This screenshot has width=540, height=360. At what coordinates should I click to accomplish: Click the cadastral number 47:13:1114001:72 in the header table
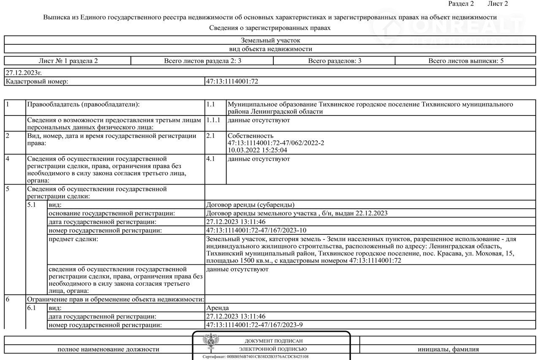coord(232,81)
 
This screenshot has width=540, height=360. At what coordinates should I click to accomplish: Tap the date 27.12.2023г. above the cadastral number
coord(24,73)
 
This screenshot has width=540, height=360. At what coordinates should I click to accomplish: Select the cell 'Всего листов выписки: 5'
coord(466,61)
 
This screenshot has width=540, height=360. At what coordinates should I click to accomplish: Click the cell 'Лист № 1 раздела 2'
coord(68,61)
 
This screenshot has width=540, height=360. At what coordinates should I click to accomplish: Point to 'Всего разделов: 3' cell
coord(335,61)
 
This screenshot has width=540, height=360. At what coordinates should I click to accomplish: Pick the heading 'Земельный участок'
coord(270,40)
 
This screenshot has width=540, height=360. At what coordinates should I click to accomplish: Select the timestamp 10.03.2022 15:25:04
coord(257,150)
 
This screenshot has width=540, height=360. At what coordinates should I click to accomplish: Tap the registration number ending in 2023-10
coord(256,231)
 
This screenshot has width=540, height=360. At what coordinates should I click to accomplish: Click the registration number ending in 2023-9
coord(254,325)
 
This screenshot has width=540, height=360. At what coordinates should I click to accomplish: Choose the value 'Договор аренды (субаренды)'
coord(250,205)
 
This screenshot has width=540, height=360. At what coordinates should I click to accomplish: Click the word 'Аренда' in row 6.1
coord(218,308)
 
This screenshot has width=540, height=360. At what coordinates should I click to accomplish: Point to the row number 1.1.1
coord(213,120)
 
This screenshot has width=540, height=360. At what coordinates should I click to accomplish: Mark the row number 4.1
coord(211,159)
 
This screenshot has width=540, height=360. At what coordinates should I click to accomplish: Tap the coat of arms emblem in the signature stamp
coord(210,342)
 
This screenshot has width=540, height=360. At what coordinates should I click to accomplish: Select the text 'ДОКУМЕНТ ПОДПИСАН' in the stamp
coord(273,341)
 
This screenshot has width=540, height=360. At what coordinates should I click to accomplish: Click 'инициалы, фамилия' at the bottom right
coord(448,349)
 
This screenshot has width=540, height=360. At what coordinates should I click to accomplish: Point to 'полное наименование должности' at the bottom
coord(108,349)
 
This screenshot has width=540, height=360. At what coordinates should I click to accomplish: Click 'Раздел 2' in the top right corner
coord(461,4)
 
